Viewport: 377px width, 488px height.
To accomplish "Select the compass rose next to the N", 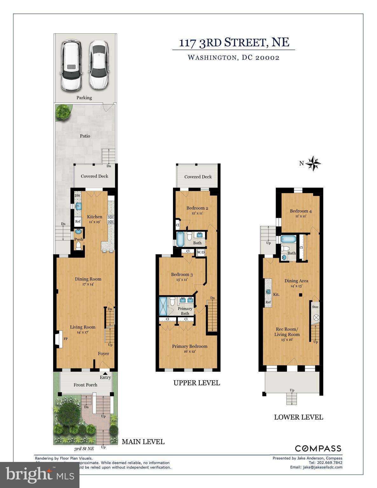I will tap(314, 164).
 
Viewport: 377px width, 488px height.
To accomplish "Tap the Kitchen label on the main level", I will tap(95, 217).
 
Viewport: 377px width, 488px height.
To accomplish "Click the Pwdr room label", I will tap(79, 240).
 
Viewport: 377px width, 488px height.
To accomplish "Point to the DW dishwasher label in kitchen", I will tap(78, 196).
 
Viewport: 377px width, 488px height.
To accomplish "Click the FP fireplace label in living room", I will tap(66, 339).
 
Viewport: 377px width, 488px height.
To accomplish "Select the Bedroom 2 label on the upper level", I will tap(197, 208).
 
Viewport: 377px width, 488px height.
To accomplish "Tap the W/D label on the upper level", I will tap(201, 253).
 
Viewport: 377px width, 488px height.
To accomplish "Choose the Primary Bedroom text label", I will tap(190, 346).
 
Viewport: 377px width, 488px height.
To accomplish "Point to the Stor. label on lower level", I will tap(315, 307).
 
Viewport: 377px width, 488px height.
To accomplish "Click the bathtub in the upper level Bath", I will tap(180, 240).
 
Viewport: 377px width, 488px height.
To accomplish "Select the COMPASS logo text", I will tap(318, 448).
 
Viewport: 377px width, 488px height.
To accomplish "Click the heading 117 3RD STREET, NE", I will tap(234, 42).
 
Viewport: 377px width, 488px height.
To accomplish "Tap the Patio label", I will tap(85, 136).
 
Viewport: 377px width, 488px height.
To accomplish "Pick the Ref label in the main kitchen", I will tap(78, 221).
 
